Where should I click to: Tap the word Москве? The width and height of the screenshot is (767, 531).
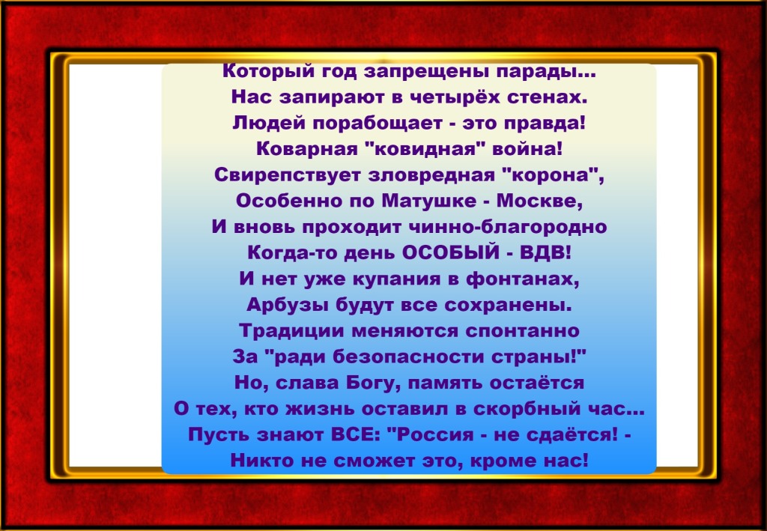coord(539,201)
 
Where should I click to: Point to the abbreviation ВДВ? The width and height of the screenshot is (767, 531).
coord(545,253)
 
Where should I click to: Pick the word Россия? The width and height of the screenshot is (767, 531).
coord(430,434)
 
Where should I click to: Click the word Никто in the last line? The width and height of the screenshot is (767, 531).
coord(258,461)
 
